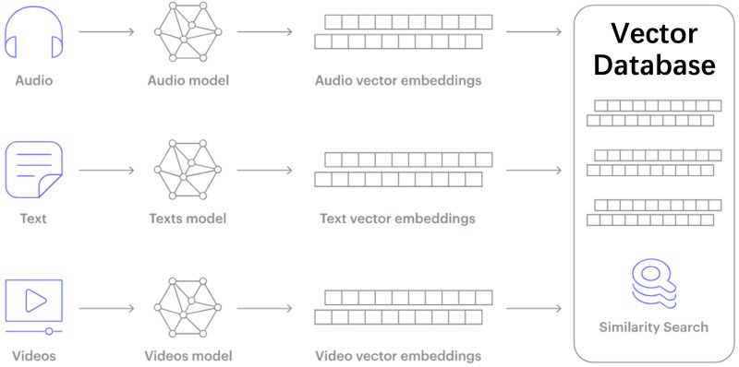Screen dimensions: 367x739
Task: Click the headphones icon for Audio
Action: click(33, 35)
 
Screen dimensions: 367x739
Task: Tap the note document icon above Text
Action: click(33, 170)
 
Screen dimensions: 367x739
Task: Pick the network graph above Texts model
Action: click(188, 171)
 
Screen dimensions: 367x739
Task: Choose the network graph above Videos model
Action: click(188, 307)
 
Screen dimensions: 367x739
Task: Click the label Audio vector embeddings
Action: click(398, 80)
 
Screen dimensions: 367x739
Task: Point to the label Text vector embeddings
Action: click(397, 219)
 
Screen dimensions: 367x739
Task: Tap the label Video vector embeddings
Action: click(398, 355)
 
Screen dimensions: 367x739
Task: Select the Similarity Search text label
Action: click(653, 326)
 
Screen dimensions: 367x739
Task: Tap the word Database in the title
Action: click(653, 65)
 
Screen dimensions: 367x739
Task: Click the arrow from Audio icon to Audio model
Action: click(108, 32)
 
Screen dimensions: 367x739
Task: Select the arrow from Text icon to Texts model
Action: click(108, 170)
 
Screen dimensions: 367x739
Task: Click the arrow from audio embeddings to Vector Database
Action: click(534, 32)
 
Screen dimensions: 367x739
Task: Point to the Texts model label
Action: click(188, 219)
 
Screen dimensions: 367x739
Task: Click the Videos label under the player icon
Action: click(34, 355)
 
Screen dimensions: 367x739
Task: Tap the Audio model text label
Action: click(188, 80)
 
